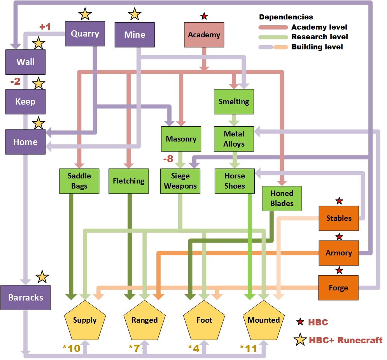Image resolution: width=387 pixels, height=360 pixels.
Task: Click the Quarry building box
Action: pos(85,34)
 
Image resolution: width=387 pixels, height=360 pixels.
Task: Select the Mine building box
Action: pos(135,35)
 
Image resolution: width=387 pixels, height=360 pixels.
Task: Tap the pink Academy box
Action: pos(204,35)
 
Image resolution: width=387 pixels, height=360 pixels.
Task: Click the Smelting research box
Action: pos(233,101)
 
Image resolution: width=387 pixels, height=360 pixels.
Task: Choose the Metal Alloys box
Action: pos(234,139)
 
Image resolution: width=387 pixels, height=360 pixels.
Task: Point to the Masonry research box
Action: pos(181,139)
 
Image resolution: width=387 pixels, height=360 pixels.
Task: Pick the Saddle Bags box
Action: pos(79,181)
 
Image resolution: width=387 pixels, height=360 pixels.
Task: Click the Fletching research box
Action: pos(128,181)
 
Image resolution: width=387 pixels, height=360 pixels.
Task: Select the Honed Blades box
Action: pos(282,198)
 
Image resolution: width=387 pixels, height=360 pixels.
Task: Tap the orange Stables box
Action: pos(339,218)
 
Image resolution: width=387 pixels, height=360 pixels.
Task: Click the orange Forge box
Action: pos(338,288)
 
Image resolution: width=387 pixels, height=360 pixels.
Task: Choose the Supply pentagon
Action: pos(85,320)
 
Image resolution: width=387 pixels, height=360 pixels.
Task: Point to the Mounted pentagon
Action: pos(264,320)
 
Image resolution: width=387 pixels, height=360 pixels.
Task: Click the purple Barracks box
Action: pos(25,297)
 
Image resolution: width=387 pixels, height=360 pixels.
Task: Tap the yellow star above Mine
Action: pos(135,14)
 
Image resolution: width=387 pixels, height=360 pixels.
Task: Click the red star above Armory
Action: pos(339,236)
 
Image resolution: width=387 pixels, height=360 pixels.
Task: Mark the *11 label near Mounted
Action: pos(249,348)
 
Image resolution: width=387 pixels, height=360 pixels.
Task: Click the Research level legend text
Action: pos(319,37)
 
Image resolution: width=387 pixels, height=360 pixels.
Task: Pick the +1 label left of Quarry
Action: pos(45,27)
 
